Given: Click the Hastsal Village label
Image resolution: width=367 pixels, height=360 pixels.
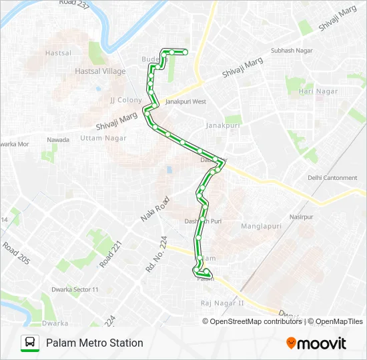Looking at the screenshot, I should (x=100, y=71).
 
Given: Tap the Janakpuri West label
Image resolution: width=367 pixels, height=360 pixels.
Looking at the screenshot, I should (x=186, y=102).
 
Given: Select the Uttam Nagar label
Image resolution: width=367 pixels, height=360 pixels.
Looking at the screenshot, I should (x=103, y=137).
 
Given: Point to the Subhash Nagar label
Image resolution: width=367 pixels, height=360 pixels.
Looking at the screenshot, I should (x=292, y=51).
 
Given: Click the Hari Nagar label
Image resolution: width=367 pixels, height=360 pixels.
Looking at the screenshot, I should (x=318, y=91).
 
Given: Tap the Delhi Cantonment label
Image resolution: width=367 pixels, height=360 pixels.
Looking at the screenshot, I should (x=332, y=178).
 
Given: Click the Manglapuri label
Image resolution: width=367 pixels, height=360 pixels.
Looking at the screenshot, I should (x=261, y=226).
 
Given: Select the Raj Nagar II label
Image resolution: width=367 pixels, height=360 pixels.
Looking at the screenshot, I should (x=223, y=303).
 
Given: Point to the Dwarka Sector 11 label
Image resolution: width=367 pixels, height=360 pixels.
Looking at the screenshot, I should (x=75, y=289).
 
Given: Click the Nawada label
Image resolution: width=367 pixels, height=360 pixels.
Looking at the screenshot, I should (x=58, y=139).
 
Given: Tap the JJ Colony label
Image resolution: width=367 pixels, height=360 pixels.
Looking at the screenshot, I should (x=126, y=100).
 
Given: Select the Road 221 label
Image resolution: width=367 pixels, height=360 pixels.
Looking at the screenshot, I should (x=111, y=254).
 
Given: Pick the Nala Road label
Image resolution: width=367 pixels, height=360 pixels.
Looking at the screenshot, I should (x=153, y=208).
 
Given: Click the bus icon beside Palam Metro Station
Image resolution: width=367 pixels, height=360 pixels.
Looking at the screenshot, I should (x=30, y=343).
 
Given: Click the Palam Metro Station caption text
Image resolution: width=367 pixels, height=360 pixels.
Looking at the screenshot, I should (x=94, y=343).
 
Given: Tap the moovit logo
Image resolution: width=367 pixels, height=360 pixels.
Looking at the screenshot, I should (x=316, y=343).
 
